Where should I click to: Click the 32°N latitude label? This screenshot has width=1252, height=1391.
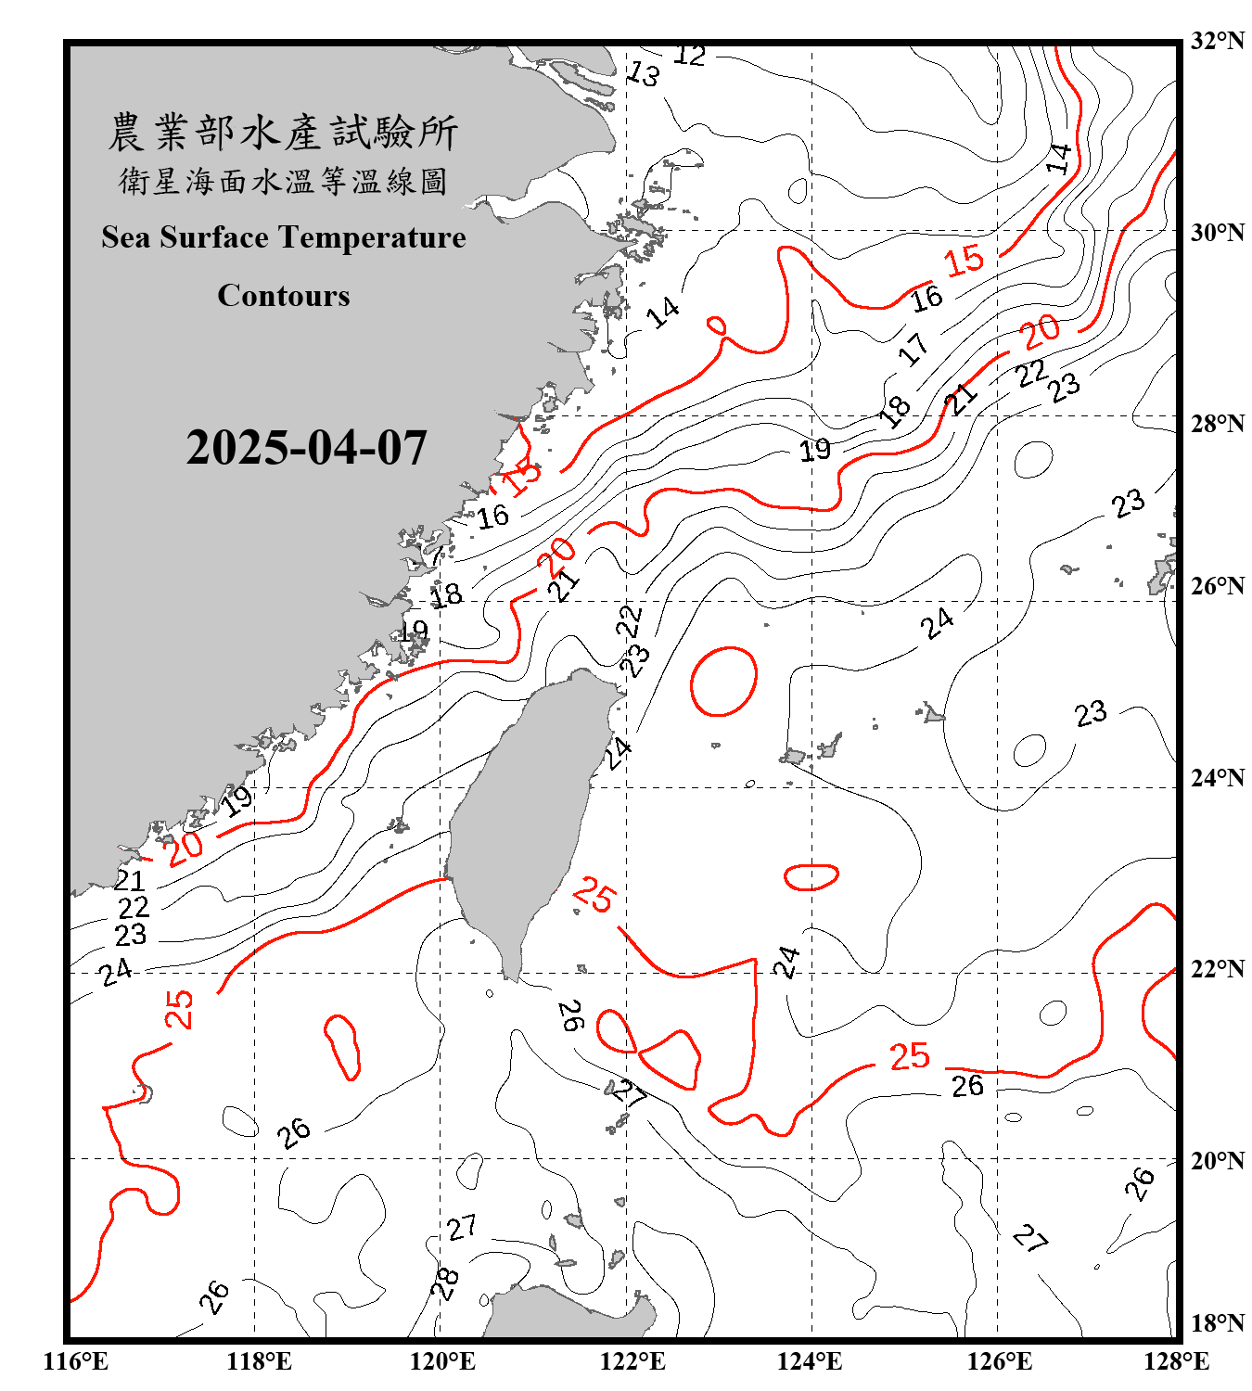1217,41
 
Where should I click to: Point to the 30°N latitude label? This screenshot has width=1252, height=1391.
1217,233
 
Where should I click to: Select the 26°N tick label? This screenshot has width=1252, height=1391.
1217,586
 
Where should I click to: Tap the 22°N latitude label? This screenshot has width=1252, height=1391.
1217,969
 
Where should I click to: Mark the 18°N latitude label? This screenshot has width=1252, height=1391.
1217,1323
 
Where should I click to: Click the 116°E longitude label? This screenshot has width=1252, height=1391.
76,1361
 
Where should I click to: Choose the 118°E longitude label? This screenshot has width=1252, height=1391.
259,1361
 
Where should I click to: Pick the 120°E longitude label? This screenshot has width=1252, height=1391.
442,1361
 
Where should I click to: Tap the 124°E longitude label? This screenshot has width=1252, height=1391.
810,1361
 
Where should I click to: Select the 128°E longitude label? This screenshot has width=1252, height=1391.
1176,1361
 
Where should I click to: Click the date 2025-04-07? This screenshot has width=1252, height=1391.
306,448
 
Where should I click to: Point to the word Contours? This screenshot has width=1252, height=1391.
284,296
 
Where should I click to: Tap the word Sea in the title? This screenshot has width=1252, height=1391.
127,237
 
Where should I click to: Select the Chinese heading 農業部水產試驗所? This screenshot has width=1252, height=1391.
283,133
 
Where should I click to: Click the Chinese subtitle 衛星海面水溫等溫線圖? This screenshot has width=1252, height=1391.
283,181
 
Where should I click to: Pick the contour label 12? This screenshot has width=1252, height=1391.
689,56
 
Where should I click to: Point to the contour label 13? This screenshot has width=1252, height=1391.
644,73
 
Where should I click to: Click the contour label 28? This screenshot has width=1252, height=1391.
446,1283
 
